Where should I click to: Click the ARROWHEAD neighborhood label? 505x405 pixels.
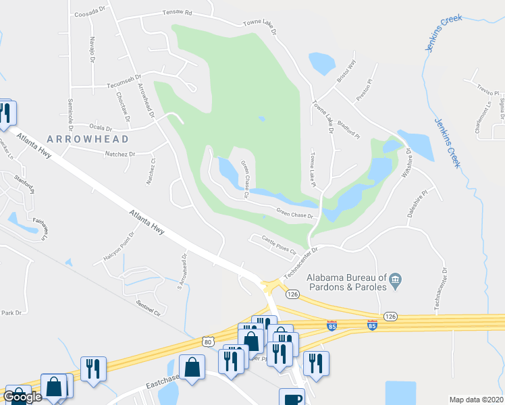point(88,139)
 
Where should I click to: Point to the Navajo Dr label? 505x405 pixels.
point(91,48)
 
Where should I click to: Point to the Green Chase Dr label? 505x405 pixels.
point(295,213)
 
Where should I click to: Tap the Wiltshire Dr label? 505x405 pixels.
point(407,161)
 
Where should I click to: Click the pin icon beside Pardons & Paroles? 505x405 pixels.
point(396,278)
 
